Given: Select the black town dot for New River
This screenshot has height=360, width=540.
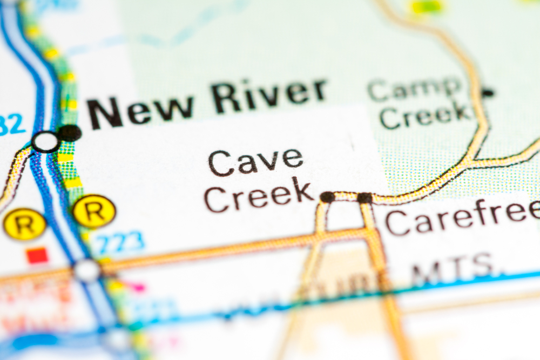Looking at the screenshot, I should [x=70, y=133].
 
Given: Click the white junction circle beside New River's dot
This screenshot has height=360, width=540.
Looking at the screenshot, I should [x=45, y=142].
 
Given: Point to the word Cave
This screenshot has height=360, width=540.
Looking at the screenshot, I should [x=255, y=161].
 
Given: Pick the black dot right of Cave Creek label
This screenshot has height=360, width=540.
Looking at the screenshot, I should [x=327, y=197].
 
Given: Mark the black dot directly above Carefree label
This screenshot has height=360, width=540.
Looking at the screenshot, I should [x=364, y=198].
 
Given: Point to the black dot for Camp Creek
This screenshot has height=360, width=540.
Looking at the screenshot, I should [x=488, y=93].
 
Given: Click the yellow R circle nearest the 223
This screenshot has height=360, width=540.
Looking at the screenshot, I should [x=94, y=211].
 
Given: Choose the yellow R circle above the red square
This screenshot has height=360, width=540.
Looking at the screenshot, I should [x=24, y=225].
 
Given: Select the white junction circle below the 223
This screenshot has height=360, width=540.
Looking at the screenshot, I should [x=86, y=270].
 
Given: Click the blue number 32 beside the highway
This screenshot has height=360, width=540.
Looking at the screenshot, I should [x=12, y=126].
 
